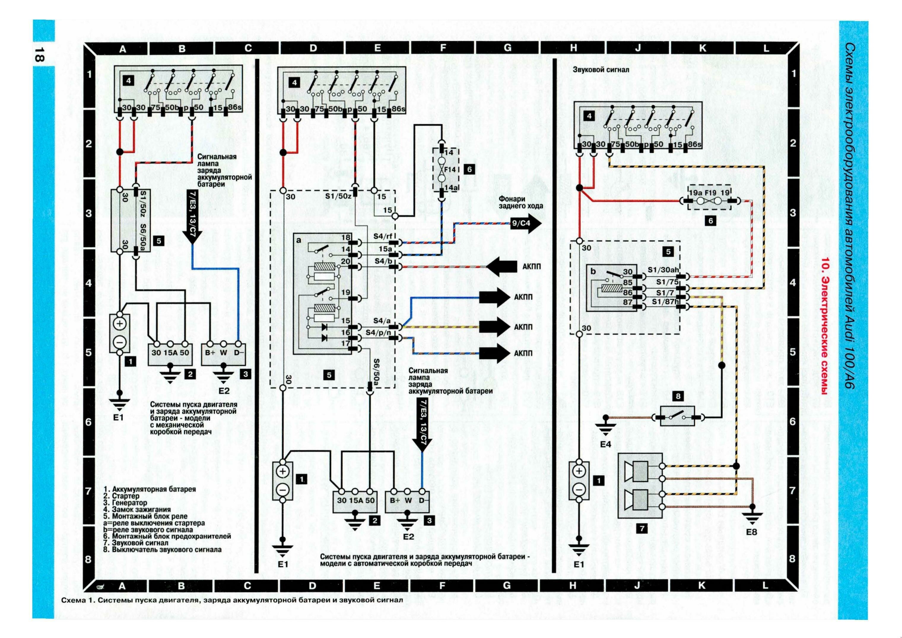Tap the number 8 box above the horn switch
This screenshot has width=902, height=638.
678,397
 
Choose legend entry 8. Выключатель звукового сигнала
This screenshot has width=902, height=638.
163,549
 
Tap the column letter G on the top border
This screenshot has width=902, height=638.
507,48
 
